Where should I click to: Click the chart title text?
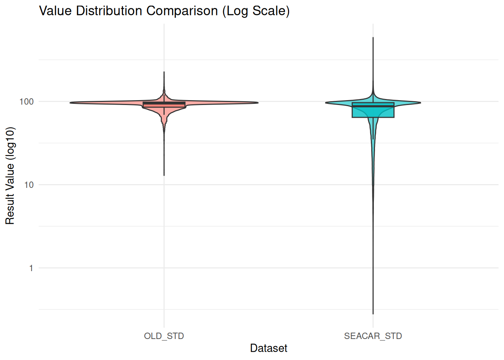click(164, 11)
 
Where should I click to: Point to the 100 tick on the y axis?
click(26, 102)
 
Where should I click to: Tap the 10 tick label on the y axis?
click(28, 185)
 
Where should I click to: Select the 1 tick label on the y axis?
click(31, 268)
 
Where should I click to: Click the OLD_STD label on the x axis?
click(164, 336)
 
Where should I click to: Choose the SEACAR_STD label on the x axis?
click(373, 336)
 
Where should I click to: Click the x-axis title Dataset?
click(268, 348)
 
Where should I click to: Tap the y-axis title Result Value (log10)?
click(10, 175)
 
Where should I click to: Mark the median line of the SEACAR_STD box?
click(373, 106)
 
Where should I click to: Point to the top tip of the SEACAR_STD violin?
click(373, 38)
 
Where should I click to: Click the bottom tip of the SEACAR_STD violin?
click(373, 313)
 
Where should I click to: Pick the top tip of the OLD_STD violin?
click(164, 72)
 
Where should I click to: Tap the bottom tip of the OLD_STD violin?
click(164, 175)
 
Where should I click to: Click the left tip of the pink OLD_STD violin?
click(70, 103)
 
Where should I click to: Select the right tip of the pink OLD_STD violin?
click(258, 103)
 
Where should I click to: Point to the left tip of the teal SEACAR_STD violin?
click(326, 103)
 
